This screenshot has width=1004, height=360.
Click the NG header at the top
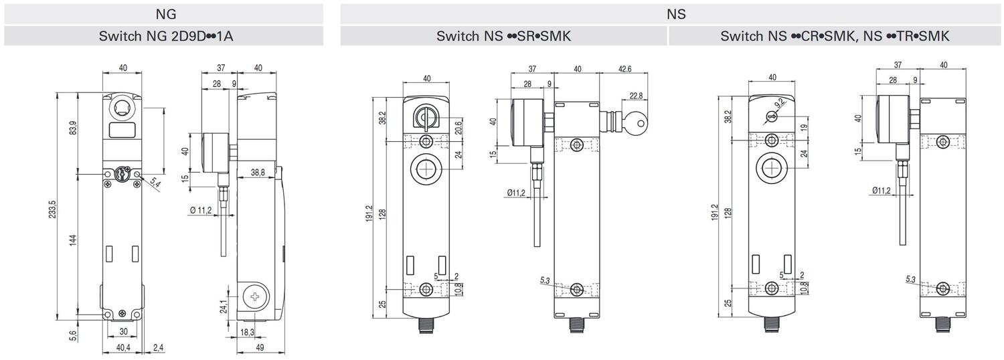click(x=166, y=14)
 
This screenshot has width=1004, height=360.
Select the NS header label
click(x=676, y=14)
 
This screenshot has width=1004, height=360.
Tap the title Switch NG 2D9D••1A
click(x=166, y=36)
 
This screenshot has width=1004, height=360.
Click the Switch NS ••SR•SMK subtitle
click(x=504, y=36)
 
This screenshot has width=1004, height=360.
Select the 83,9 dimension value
click(x=74, y=128)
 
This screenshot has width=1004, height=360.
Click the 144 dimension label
click(x=74, y=240)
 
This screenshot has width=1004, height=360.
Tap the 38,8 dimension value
click(x=258, y=172)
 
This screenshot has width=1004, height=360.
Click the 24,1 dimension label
click(x=224, y=306)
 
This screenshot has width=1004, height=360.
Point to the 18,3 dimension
click(x=247, y=332)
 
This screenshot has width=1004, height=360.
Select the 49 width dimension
click(x=260, y=347)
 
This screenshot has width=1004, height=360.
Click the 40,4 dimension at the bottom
click(x=123, y=347)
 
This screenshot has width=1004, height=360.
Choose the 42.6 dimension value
click(x=624, y=69)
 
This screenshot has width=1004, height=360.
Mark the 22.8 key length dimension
click(x=636, y=96)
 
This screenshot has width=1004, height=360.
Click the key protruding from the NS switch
click(x=636, y=122)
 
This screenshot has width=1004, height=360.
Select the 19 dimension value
click(x=805, y=127)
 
